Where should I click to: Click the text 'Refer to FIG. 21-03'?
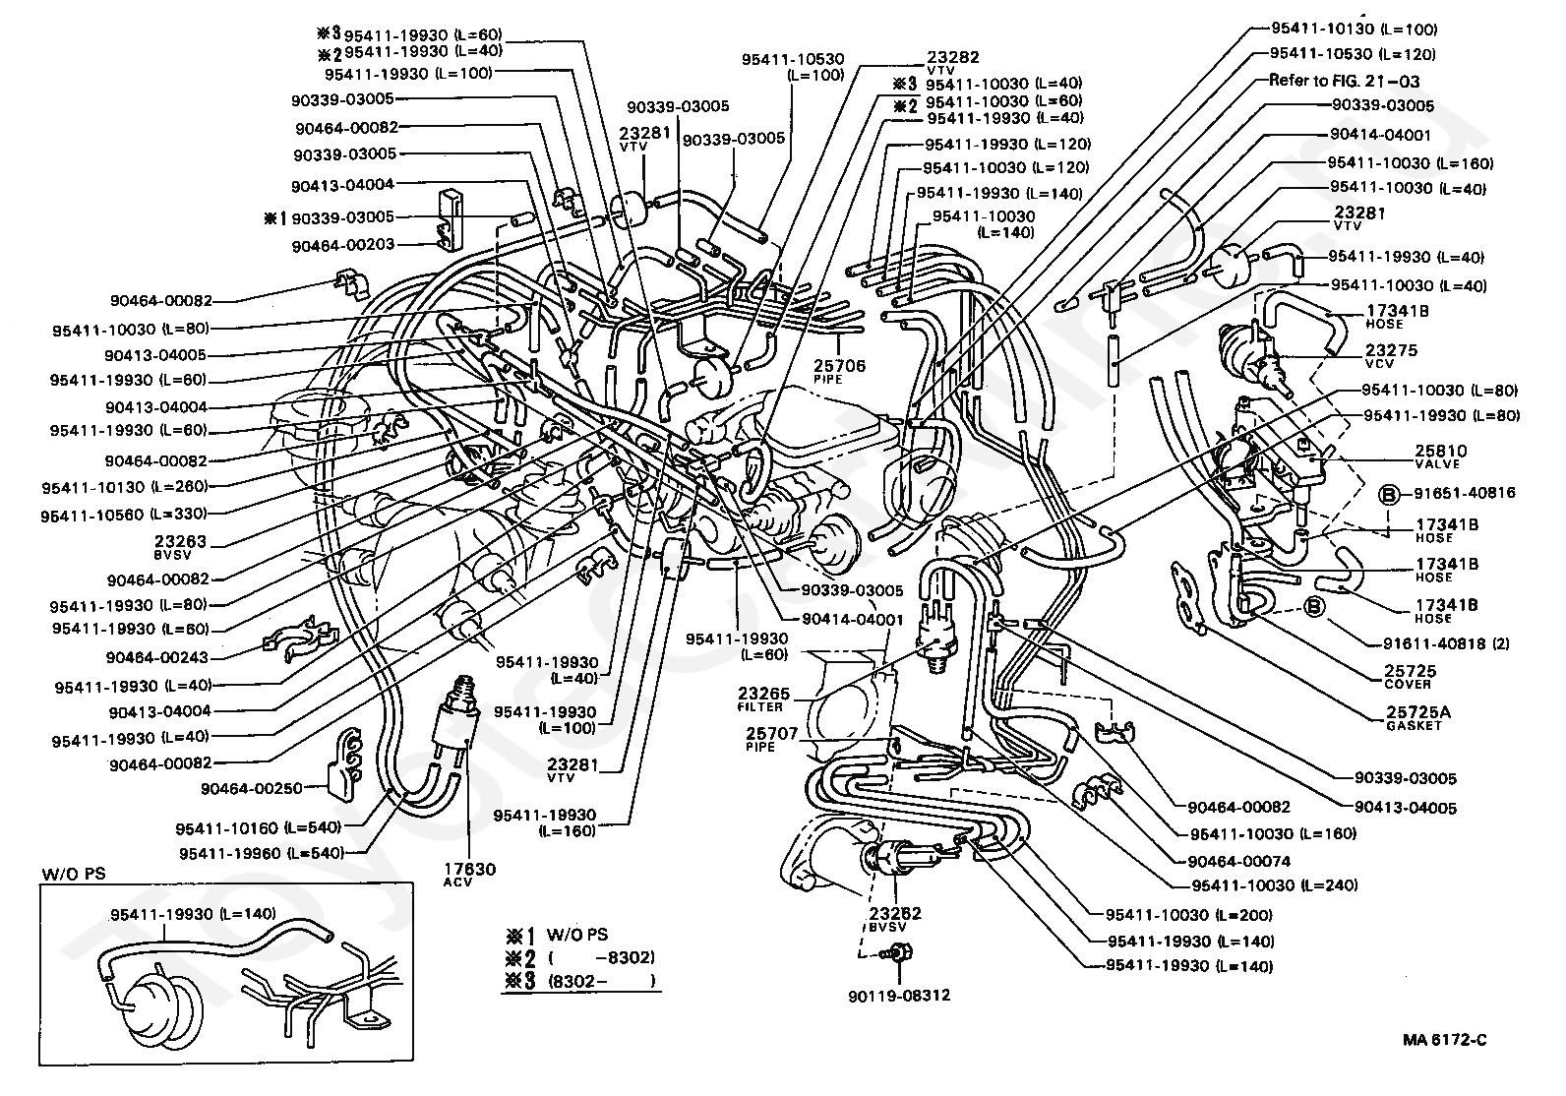[1344, 82]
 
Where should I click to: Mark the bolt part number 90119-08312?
[898, 995]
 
